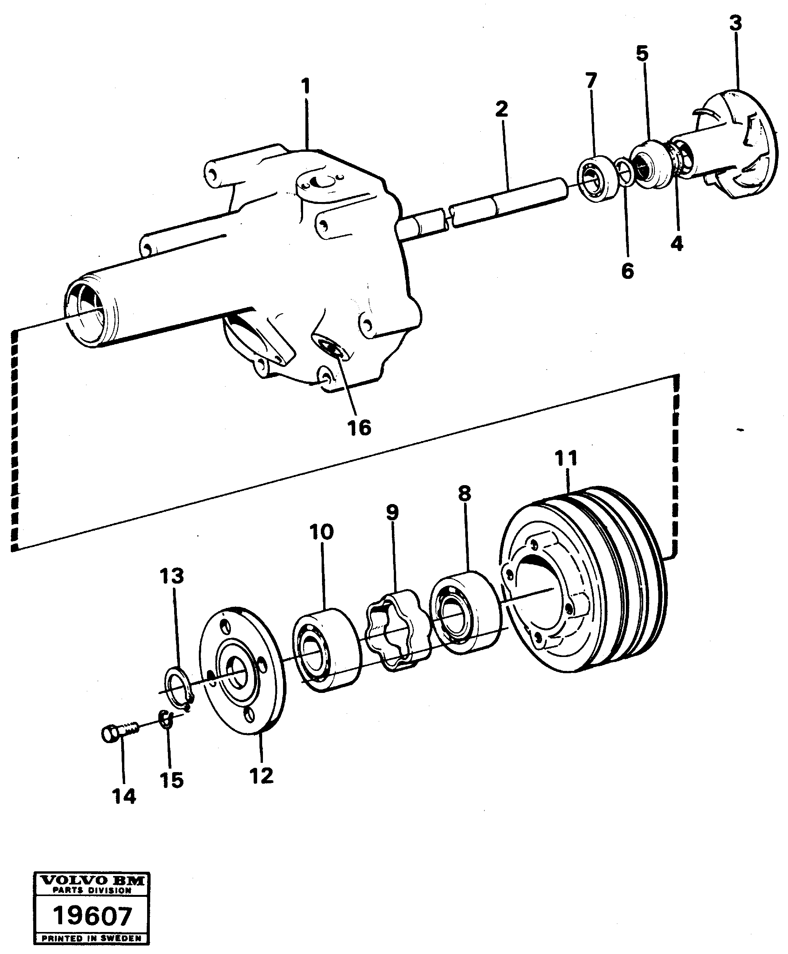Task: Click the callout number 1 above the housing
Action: pos(307,86)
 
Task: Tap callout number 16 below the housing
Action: pos(359,427)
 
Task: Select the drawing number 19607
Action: pos(92,916)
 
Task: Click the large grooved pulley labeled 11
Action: pos(586,581)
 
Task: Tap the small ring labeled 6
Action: pos(625,173)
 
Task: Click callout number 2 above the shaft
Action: pos(501,109)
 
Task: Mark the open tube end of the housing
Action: pos(88,313)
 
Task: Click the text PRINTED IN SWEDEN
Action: pos(92,939)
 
